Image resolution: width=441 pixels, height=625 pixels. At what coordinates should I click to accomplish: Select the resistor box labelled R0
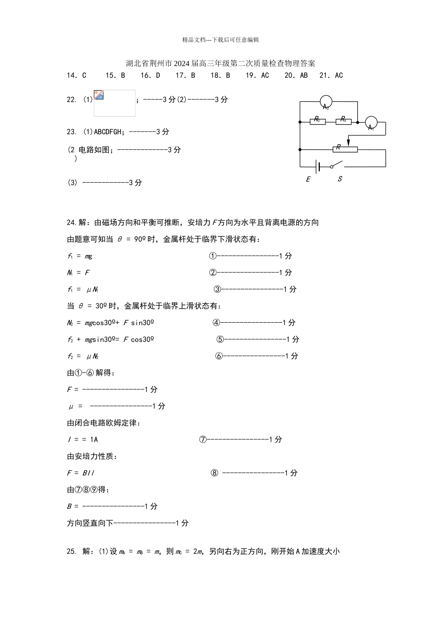318,122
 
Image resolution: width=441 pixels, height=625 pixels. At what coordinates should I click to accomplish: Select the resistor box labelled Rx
344,122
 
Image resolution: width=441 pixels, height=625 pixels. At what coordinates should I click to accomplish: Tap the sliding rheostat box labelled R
345,149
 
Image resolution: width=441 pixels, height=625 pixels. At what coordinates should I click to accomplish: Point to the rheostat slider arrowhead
349,144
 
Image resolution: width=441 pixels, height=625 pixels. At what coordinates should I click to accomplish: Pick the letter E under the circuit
308,180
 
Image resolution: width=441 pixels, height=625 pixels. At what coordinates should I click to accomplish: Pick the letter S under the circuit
340,179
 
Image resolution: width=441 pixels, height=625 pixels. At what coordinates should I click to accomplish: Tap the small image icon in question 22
98,95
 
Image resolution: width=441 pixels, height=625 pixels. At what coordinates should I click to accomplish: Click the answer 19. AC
257,75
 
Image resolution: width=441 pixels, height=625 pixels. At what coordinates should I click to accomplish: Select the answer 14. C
77,75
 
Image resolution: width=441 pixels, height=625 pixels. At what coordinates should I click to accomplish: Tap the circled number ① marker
213,256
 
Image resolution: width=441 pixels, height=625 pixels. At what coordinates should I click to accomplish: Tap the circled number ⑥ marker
219,356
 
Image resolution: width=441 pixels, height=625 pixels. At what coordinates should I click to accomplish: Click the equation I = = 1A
83,439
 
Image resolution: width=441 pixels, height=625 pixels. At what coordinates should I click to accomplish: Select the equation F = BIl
81,473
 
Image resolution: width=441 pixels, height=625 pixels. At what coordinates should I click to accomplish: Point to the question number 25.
71,552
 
